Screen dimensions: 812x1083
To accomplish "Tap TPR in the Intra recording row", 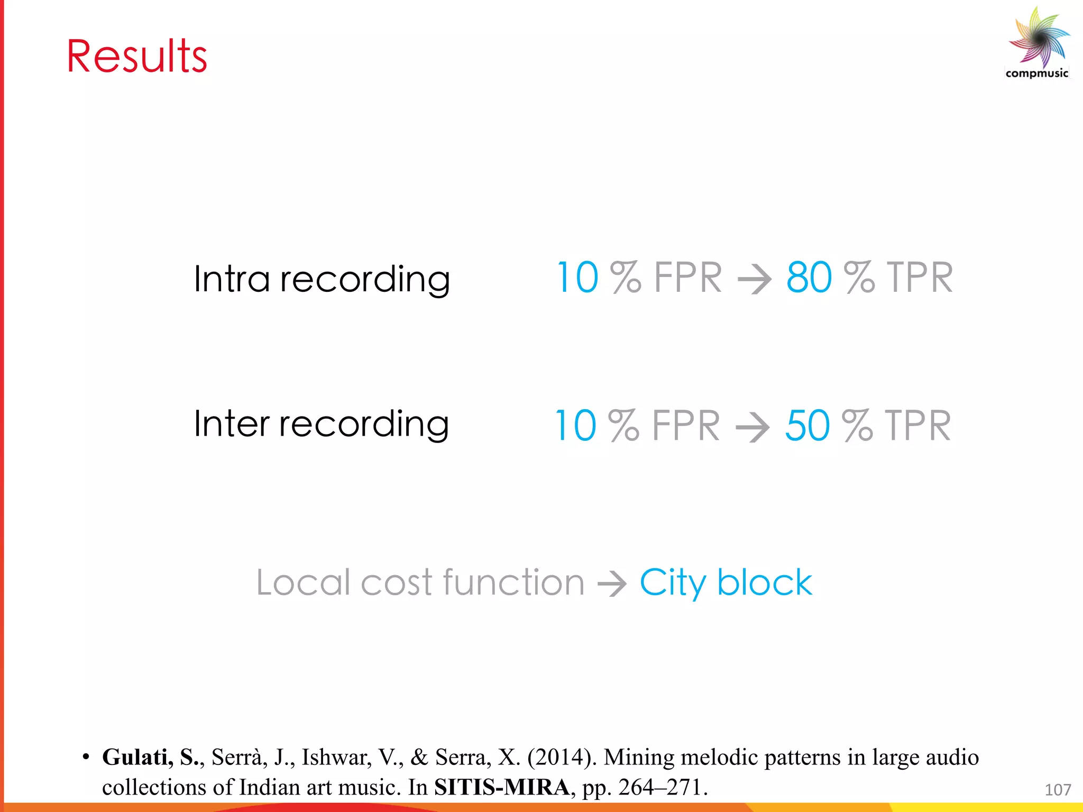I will [920, 278].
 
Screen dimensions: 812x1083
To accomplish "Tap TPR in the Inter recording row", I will [918, 426].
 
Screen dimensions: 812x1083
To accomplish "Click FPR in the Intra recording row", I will [687, 278].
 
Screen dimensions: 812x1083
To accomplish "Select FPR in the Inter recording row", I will [686, 426].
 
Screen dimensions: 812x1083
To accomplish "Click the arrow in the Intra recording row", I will [754, 279].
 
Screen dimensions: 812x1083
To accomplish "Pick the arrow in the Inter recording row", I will [752, 427].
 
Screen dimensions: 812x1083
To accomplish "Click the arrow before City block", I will [612, 584].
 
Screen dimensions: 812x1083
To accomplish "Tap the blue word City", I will [672, 583].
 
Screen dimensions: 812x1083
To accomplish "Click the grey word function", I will [513, 582].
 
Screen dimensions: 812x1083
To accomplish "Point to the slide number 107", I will [1058, 790].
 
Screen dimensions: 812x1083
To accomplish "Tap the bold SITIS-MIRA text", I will [501, 787].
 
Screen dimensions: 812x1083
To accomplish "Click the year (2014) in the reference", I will [562, 758].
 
